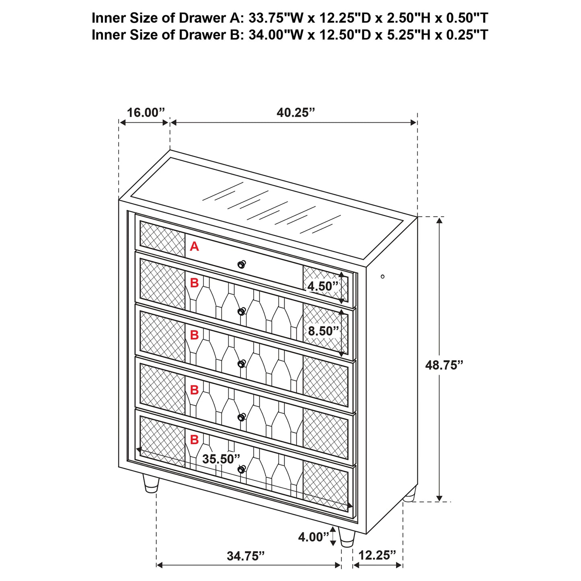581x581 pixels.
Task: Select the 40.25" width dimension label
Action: tap(296, 113)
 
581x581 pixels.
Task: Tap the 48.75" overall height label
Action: tap(444, 365)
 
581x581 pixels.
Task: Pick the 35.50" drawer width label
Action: tap(221, 459)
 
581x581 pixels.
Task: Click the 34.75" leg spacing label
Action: tap(246, 556)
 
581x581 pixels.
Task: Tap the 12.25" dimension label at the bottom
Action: tap(377, 555)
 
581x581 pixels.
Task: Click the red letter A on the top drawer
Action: tap(194, 246)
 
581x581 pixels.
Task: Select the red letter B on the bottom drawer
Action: tap(194, 440)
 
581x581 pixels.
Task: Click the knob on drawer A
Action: tap(241, 264)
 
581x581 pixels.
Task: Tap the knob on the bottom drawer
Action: tap(241, 469)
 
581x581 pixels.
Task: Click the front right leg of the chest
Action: tap(347, 538)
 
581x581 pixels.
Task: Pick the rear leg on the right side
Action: tap(410, 495)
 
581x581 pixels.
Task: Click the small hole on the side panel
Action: tap(382, 276)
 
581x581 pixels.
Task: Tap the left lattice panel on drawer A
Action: tap(162, 239)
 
